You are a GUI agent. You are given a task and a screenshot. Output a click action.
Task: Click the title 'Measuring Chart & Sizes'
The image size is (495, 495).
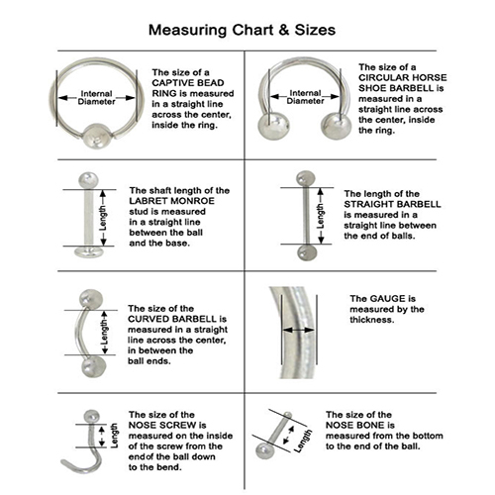242,30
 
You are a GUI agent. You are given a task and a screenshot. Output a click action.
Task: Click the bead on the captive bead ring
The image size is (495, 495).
96,137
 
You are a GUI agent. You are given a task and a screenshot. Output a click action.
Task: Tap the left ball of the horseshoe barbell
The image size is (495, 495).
273,126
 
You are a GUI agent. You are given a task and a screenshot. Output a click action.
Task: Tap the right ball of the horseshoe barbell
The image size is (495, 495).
336,126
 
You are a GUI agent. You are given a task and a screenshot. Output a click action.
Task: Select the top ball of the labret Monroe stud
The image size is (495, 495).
88,180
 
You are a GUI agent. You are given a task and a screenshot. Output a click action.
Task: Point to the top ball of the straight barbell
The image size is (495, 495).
306,178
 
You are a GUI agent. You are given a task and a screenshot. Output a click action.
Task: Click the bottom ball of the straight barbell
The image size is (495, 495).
307,252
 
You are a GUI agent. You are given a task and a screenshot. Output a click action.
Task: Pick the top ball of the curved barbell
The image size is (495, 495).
91,299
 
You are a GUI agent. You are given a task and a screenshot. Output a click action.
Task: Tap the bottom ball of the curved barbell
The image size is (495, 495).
94,366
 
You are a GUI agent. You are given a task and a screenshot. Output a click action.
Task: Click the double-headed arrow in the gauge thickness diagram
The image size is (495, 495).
299,330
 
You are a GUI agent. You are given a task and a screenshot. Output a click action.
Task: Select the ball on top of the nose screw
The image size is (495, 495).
91,417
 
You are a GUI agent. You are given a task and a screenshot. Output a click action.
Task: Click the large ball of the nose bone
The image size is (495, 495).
264,450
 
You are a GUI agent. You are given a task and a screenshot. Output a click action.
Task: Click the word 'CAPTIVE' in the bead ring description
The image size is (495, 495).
170,83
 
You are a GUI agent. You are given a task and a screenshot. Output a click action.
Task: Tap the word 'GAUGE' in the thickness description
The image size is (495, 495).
387,299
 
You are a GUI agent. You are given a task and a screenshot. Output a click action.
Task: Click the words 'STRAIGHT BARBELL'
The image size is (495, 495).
392,204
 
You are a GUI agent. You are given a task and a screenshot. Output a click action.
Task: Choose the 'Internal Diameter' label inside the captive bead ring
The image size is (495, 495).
96,98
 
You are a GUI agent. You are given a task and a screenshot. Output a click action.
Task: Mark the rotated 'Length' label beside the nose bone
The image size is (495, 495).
303,441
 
